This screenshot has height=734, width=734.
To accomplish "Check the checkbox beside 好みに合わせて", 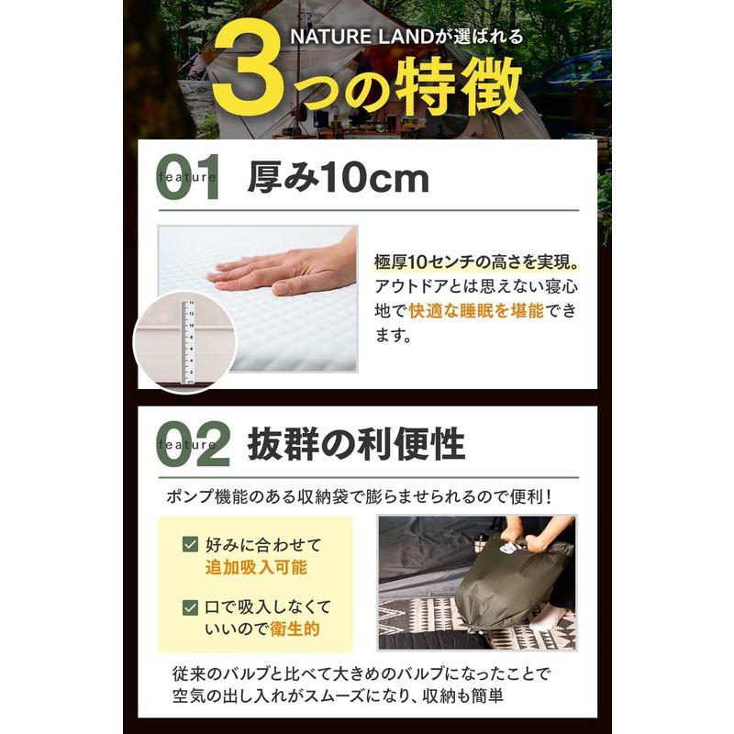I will [190, 544].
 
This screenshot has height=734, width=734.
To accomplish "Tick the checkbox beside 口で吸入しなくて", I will [190, 607].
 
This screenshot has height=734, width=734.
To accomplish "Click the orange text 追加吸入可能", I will [255, 568].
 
